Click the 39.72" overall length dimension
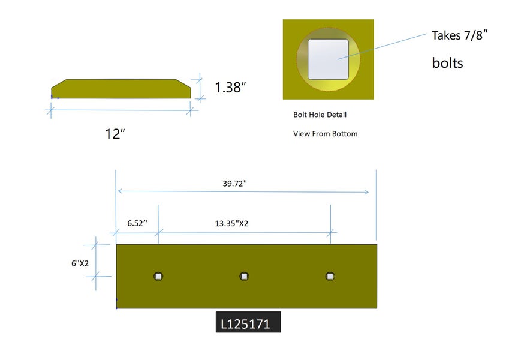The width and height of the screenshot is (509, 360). pyautogui.click(x=234, y=184)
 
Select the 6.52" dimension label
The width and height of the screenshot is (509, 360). pyautogui.click(x=138, y=223)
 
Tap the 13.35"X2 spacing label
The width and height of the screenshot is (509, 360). pyautogui.click(x=231, y=224)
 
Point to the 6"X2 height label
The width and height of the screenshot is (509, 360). pyautogui.click(x=80, y=263)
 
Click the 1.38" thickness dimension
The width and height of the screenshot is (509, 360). pyautogui.click(x=230, y=88)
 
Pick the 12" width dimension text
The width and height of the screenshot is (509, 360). pyautogui.click(x=115, y=134)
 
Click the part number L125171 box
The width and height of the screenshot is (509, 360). pyautogui.click(x=248, y=322)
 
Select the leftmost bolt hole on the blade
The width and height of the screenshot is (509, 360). pyautogui.click(x=158, y=276)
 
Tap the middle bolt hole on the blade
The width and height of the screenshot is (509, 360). pyautogui.click(x=244, y=276)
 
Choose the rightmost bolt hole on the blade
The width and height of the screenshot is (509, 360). pyautogui.click(x=330, y=276)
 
